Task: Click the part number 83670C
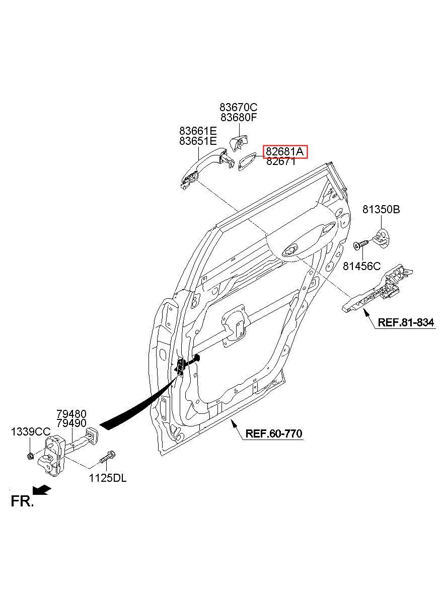point(238,107)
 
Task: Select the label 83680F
point(238,118)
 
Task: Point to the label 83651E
point(198,141)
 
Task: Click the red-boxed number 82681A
point(285,151)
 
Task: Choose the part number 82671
point(281,161)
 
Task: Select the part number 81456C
point(362,266)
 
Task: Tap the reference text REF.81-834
point(406,323)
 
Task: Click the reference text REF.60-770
point(274,433)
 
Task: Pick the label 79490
point(71,423)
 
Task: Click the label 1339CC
point(31,432)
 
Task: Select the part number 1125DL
point(108,478)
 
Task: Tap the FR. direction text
point(22,501)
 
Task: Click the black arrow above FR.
point(42,489)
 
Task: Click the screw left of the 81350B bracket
point(360,244)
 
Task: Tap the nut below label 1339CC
point(30,456)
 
